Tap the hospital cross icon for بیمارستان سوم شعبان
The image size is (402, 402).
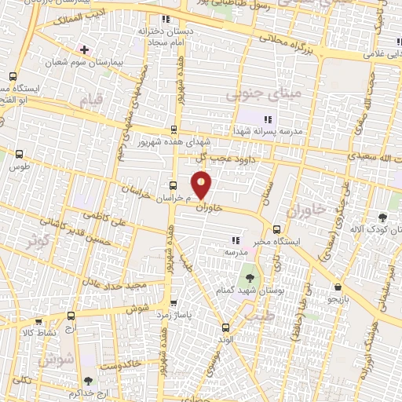[84, 49]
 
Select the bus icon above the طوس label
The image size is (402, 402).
[19, 155]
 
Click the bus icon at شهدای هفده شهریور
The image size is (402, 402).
[174, 130]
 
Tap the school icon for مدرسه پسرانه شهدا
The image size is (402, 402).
[267, 119]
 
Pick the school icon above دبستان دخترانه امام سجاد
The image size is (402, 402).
[164, 19]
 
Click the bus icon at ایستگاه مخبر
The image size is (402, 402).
[276, 230]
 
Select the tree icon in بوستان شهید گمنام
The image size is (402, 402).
[249, 277]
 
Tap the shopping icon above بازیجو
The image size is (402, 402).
[337, 287]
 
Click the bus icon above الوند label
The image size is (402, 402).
[225, 327]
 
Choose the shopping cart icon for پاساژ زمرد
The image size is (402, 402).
[173, 302]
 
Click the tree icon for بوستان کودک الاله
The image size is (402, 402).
[382, 217]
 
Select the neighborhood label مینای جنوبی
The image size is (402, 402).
[253, 95]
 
